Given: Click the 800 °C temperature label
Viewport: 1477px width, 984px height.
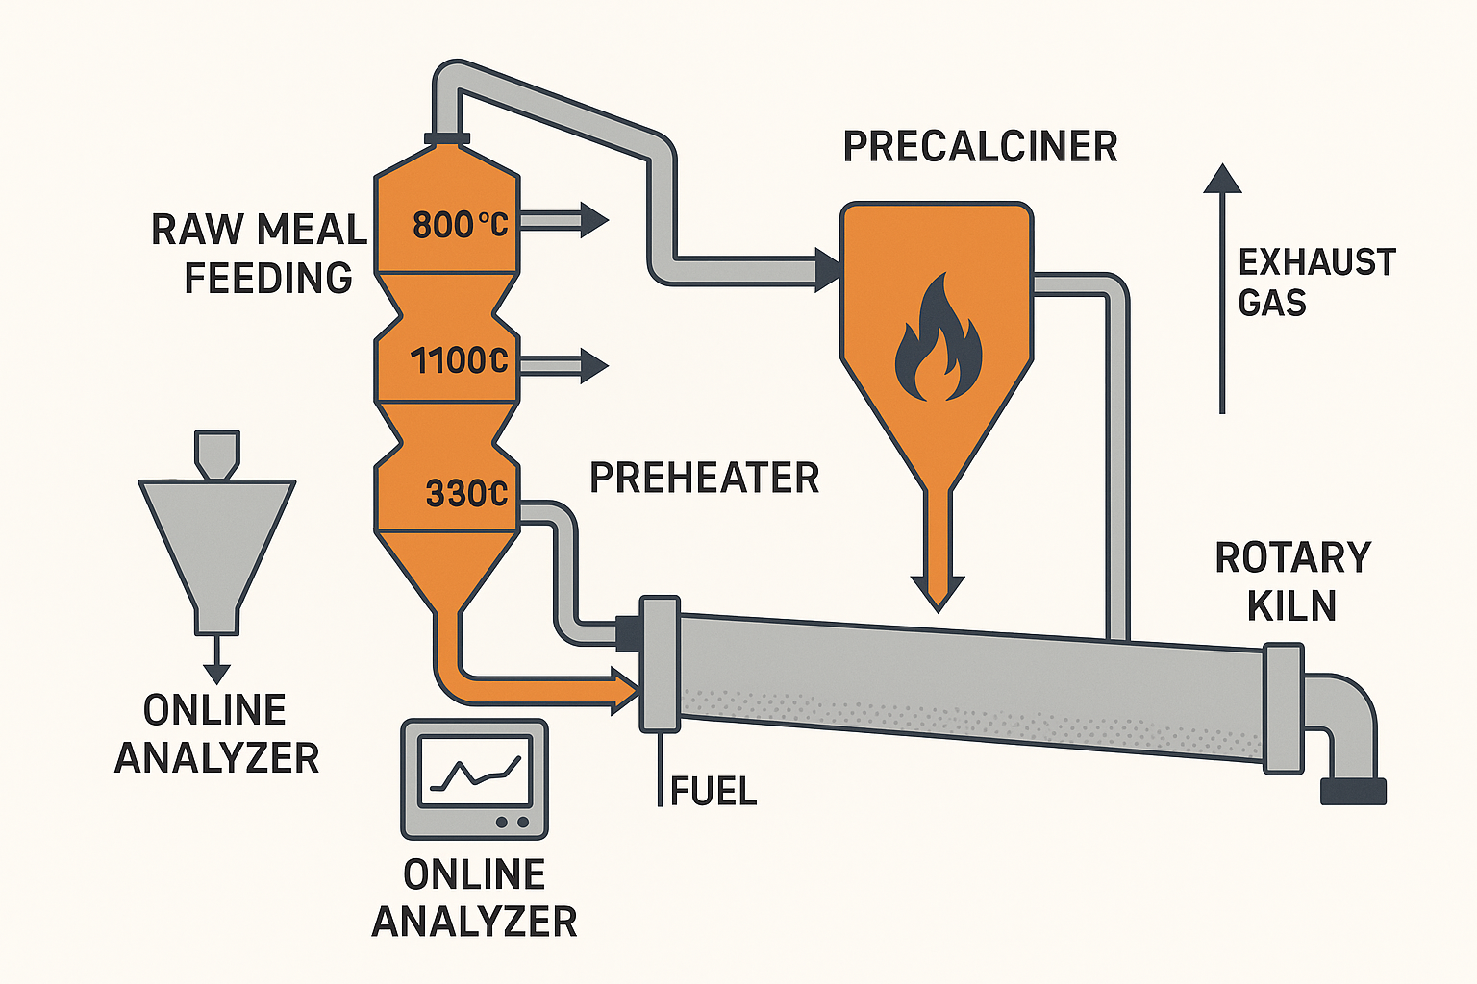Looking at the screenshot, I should point(460,225).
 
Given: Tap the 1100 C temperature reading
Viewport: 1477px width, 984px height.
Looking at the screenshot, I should point(459,361).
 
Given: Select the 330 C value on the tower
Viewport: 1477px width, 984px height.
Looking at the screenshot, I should point(466,494).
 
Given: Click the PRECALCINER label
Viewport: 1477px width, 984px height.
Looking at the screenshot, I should point(980,147).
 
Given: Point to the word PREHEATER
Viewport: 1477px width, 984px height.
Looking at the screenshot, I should point(704,478).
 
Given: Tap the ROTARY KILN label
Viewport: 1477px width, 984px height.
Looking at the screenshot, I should point(1292,581).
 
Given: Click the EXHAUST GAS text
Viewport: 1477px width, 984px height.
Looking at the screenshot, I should point(1315,283).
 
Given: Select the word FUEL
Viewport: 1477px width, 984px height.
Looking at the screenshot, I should point(713,791).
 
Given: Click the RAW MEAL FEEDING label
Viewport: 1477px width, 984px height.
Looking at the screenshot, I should point(260,254).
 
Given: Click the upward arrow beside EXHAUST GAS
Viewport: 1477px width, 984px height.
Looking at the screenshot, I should point(1222,288).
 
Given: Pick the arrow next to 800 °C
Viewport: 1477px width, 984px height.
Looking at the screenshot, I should point(567,221).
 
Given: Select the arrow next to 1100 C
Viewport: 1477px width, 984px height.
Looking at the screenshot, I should point(567,366).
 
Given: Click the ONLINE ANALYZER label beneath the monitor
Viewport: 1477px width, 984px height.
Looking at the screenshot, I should point(475,898).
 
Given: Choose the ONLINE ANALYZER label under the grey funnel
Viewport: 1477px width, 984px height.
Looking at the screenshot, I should point(216,734).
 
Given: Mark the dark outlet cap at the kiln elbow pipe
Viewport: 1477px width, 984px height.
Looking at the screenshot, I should point(1354,791).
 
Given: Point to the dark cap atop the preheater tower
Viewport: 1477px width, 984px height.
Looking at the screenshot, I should point(446,138).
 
